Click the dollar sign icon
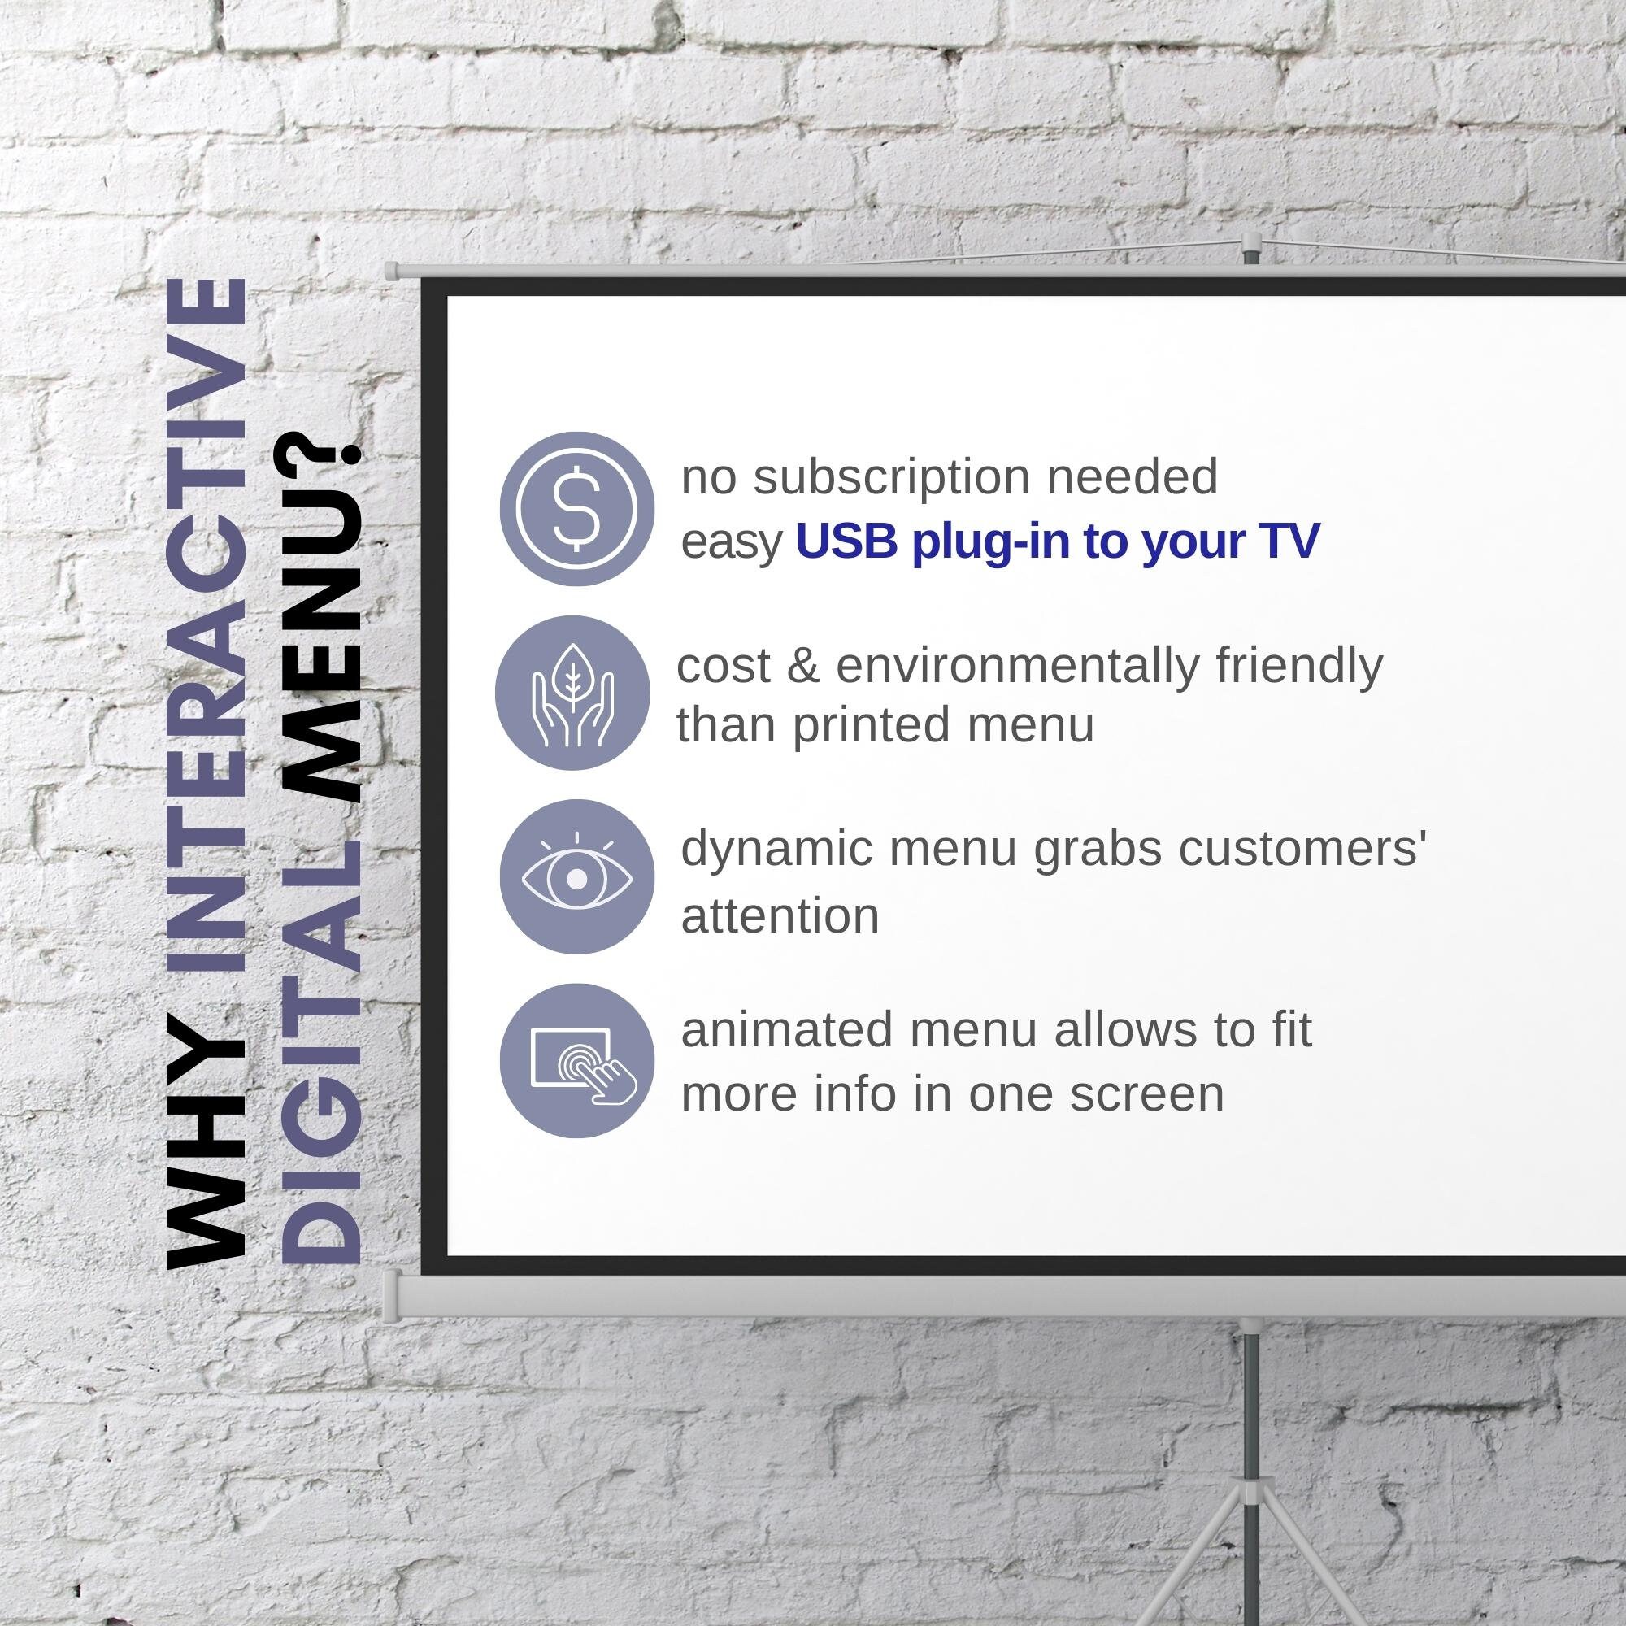(x=576, y=508)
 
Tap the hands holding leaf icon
(x=572, y=693)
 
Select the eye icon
(x=576, y=877)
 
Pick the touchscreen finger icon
(x=576, y=1061)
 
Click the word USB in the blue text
(x=847, y=541)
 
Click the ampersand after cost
(x=802, y=666)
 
